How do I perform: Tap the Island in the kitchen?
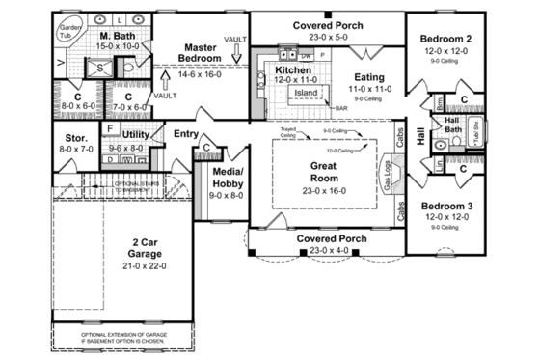pyautogui.click(x=306, y=93)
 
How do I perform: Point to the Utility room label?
pyautogui.click(x=135, y=134)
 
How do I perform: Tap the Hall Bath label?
pyautogui.click(x=451, y=125)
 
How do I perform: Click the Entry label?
pyautogui.click(x=186, y=133)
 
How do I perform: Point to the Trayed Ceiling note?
pyautogui.click(x=288, y=133)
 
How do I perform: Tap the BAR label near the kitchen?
pyautogui.click(x=340, y=108)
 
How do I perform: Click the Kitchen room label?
pyautogui.click(x=292, y=70)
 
